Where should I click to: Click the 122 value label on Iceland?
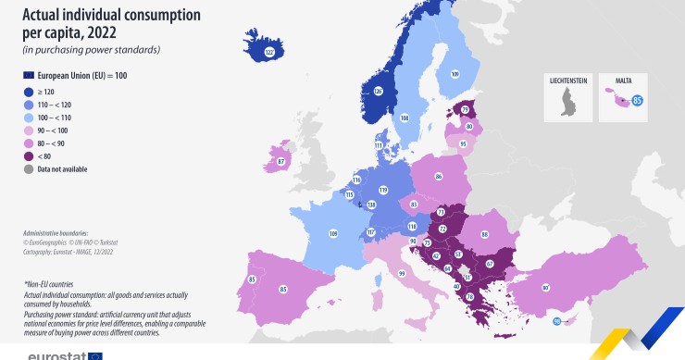click(269, 53)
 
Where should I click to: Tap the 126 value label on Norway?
click(378, 91)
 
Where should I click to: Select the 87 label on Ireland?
click(280, 163)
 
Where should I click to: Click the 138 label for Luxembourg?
click(371, 205)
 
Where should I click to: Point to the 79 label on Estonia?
click(465, 110)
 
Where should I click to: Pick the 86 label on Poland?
click(439, 175)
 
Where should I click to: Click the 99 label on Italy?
click(402, 274)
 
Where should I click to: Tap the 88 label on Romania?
click(483, 235)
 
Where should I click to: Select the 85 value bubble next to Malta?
click(638, 99)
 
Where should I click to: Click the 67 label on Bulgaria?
click(489, 264)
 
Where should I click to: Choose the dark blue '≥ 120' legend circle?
click(29, 93)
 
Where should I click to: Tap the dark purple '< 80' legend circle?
click(29, 156)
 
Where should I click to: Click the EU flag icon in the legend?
click(28, 74)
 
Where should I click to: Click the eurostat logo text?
click(57, 354)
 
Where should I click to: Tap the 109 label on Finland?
click(455, 73)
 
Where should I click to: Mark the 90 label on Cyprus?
click(556, 321)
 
